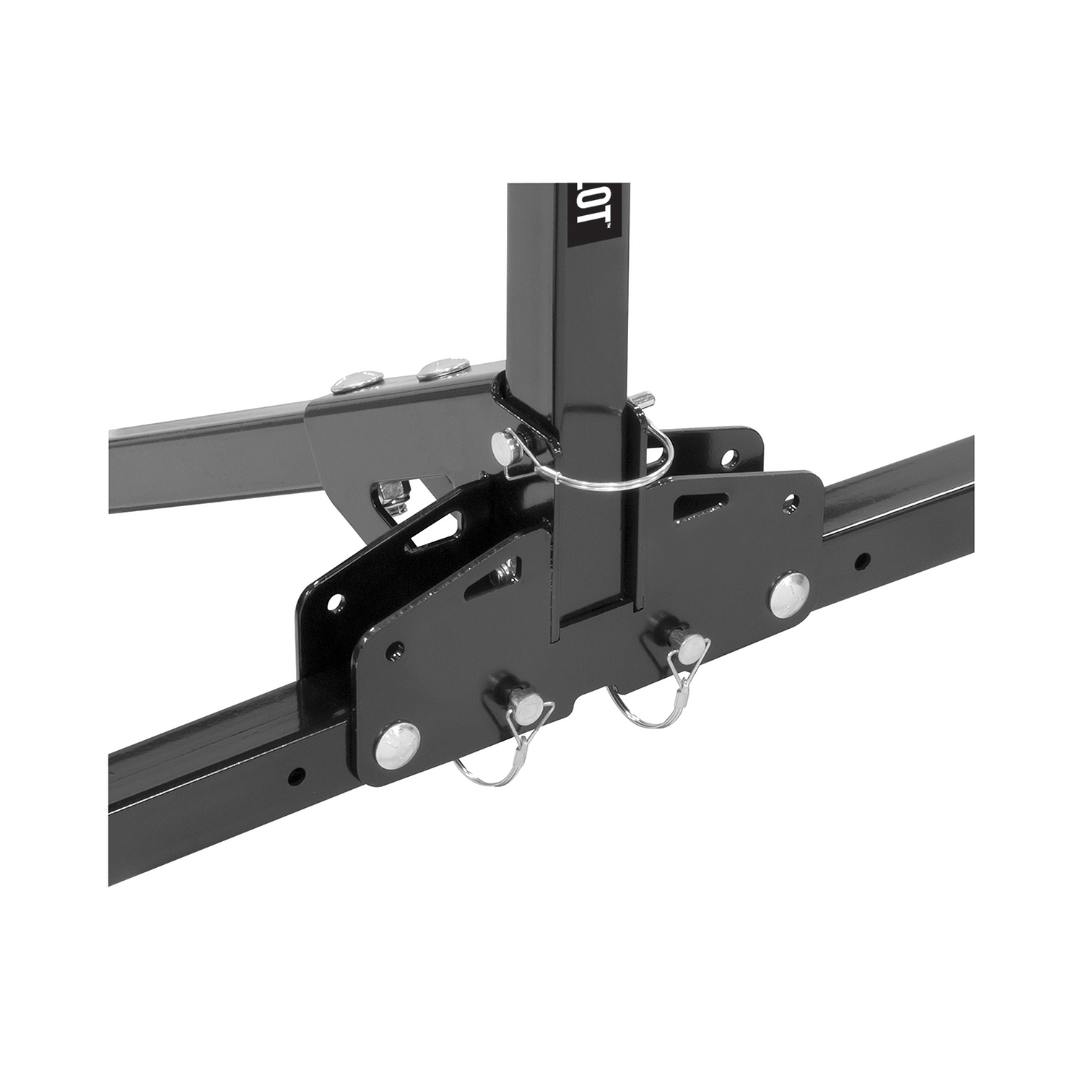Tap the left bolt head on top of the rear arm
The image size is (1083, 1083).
[352, 380]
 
